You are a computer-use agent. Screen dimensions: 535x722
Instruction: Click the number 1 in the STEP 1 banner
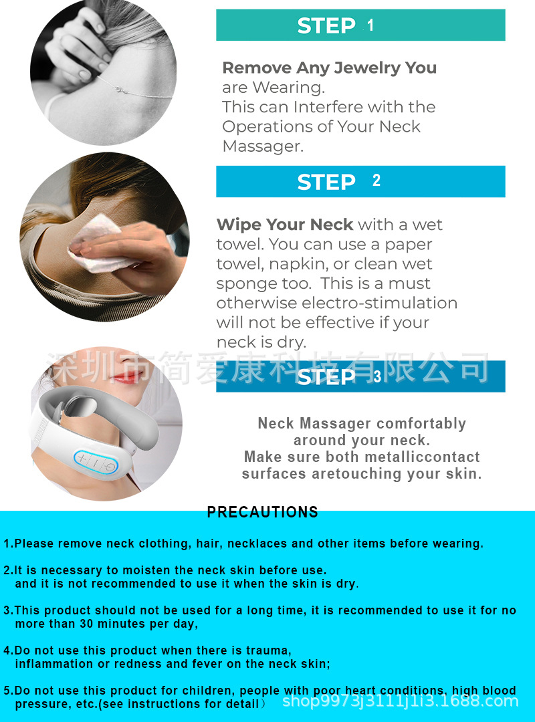click(370, 25)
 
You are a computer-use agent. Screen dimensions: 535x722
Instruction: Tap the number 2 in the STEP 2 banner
click(377, 180)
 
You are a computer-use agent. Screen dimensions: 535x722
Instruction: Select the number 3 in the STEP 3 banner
click(377, 376)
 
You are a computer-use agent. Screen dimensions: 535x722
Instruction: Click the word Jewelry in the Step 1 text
click(367, 68)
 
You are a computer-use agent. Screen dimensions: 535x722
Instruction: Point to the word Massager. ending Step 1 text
click(263, 146)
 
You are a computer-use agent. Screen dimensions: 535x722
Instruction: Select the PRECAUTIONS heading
click(262, 512)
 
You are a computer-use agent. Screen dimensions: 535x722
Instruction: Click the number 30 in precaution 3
click(86, 624)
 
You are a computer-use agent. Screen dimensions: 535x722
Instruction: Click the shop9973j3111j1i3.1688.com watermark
click(400, 701)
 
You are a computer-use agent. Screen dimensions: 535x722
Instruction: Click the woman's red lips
click(126, 378)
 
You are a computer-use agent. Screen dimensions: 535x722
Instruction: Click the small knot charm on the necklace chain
click(122, 90)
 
